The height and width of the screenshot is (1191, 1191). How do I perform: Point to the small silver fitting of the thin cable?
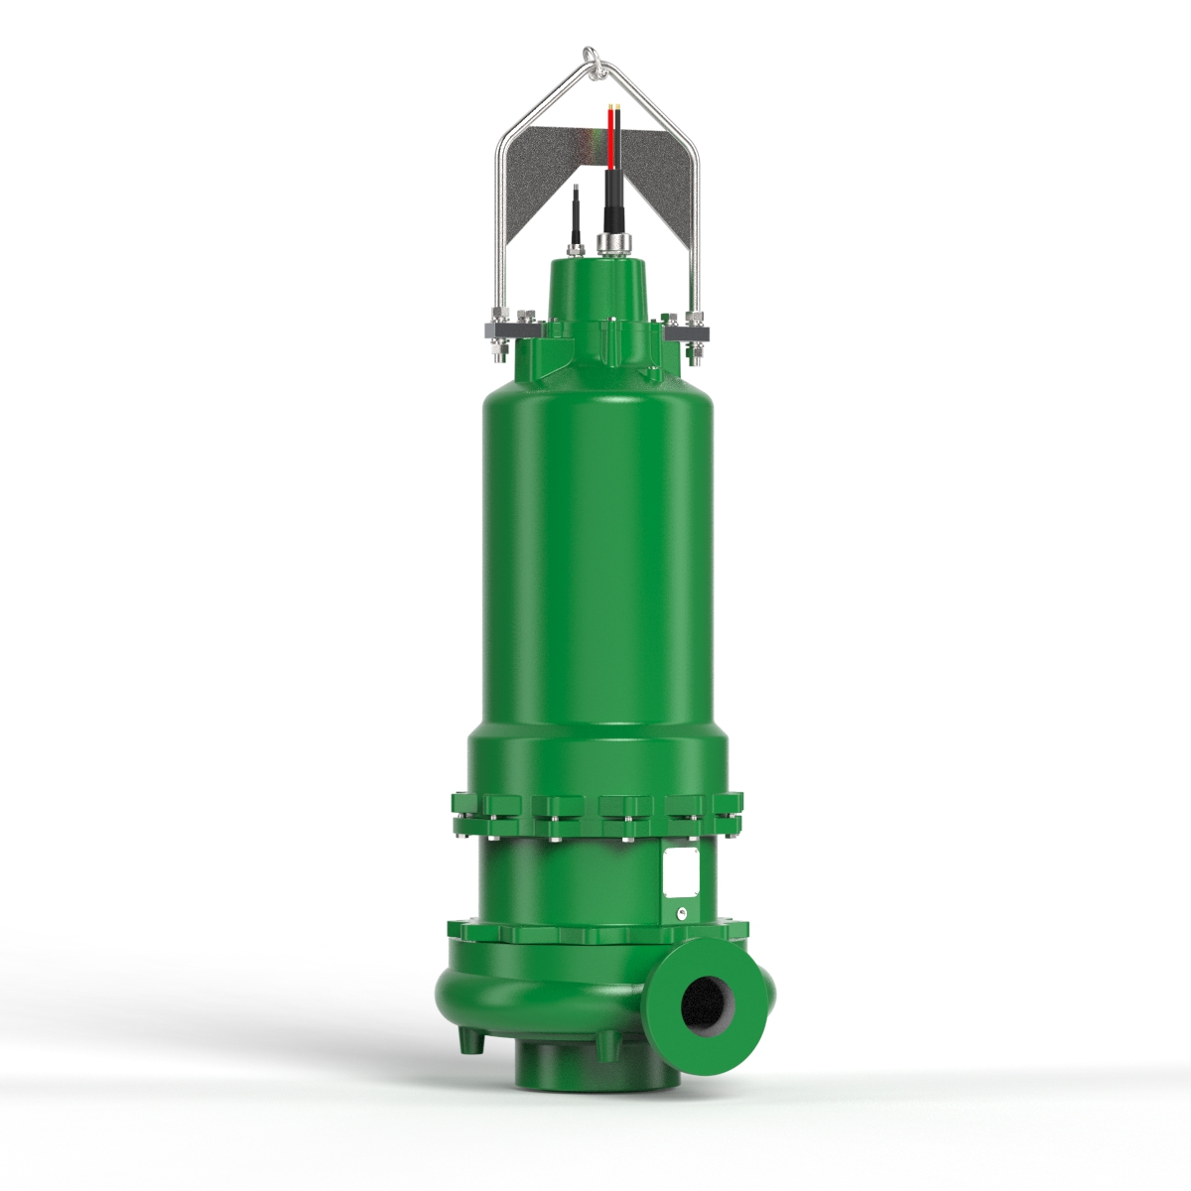pos(575,241)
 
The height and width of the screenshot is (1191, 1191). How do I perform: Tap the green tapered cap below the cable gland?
pos(598,288)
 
